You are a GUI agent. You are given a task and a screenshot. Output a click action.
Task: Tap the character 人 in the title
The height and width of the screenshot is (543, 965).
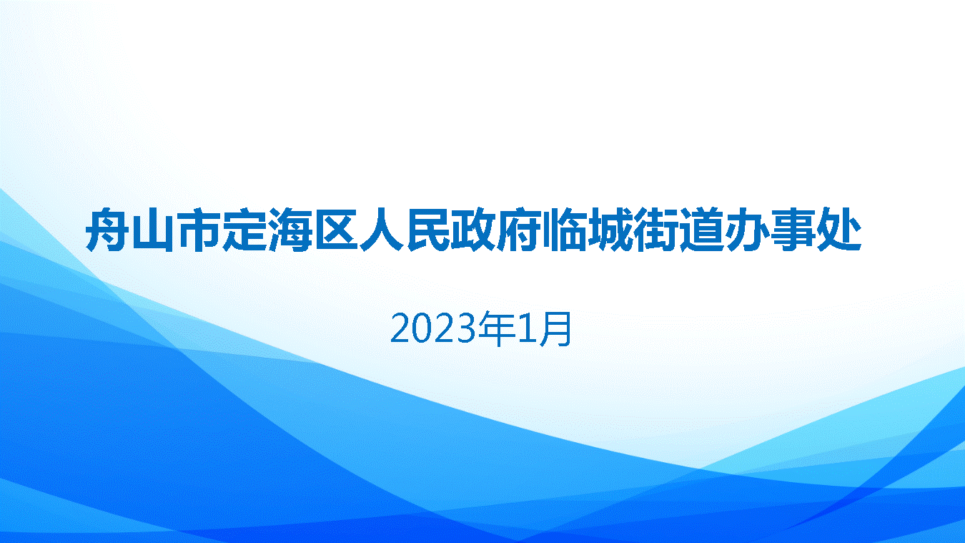[381, 230]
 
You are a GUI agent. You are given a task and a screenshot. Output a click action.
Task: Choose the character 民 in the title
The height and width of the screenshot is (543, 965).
[427, 230]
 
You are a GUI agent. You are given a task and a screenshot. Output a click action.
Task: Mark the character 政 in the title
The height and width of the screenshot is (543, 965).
[473, 230]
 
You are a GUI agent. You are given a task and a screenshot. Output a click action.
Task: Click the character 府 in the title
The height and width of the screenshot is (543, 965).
[519, 230]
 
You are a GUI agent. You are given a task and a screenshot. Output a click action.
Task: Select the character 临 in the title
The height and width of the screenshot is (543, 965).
[565, 230]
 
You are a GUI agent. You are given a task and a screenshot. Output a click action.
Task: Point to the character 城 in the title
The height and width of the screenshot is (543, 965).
[610, 230]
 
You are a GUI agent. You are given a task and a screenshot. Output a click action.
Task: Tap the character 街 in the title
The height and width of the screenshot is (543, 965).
[656, 230]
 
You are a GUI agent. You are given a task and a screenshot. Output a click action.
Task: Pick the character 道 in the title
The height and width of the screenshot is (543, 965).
[702, 230]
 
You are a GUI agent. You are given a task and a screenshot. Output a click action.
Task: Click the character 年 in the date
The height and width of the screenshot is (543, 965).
[497, 329]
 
